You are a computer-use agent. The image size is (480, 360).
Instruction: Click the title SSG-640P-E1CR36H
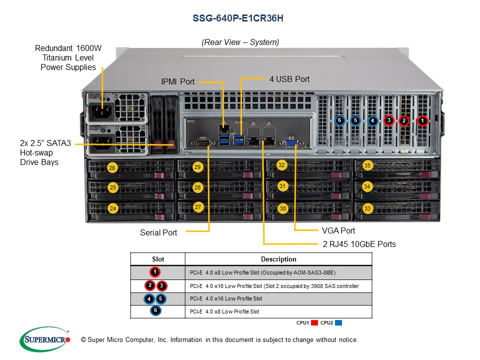pyautogui.click(x=240, y=18)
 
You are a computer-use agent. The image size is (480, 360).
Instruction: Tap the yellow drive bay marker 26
pyautogui.click(x=112, y=168)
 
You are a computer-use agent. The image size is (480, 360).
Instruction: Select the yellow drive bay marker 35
pyautogui.click(x=367, y=165)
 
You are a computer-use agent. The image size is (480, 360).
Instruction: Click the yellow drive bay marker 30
pyautogui.click(x=283, y=208)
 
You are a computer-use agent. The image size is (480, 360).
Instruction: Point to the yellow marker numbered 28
pyautogui.click(x=198, y=187)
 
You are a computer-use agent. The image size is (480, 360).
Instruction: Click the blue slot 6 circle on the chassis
pyautogui.click(x=339, y=120)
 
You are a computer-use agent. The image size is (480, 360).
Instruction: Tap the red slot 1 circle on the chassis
pyautogui.click(x=422, y=120)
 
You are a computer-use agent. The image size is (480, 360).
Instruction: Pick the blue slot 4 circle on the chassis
pyautogui.click(x=372, y=120)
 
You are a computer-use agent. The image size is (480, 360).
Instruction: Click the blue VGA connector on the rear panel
pyautogui.click(x=291, y=143)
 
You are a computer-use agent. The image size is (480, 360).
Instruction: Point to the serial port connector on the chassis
pyautogui.click(x=202, y=143)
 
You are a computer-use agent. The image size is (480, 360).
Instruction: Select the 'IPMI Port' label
pyautogui.click(x=177, y=81)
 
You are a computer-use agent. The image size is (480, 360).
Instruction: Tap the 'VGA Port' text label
pyautogui.click(x=338, y=230)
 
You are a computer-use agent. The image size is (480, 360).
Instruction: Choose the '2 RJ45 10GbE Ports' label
pyautogui.click(x=359, y=244)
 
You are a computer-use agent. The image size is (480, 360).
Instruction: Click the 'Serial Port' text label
pyautogui.click(x=158, y=232)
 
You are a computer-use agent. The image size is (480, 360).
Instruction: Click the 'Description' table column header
pyautogui.click(x=278, y=259)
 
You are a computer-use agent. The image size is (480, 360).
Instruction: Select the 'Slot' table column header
pyautogui.click(x=157, y=259)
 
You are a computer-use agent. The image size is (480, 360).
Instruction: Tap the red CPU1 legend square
pyautogui.click(x=314, y=323)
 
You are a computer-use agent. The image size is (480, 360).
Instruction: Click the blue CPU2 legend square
pyautogui.click(x=338, y=323)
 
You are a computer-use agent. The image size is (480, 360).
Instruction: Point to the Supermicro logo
pyautogui.click(x=45, y=339)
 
